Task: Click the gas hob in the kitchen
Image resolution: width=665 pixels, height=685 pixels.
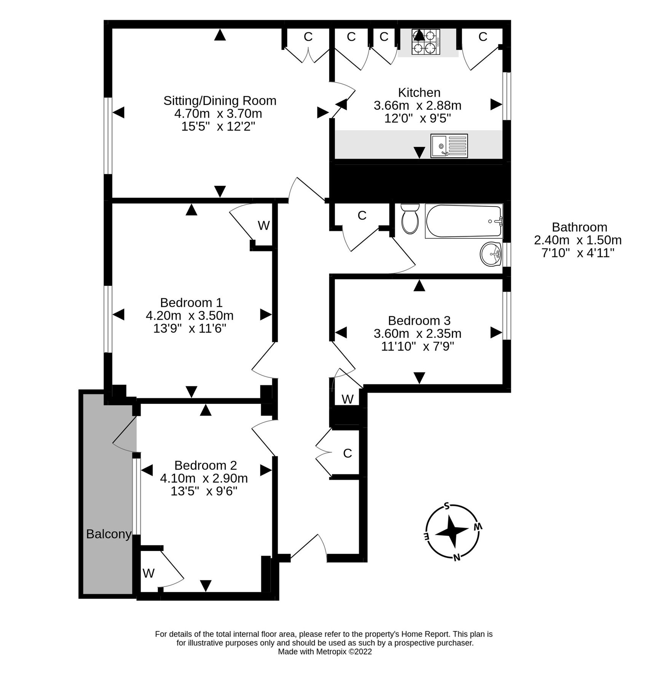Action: [x=426, y=42]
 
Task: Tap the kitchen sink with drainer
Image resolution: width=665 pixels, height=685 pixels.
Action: [x=449, y=146]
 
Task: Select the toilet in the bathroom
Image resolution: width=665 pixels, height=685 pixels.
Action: [x=410, y=219]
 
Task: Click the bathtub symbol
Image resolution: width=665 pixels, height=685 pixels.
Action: [x=464, y=221]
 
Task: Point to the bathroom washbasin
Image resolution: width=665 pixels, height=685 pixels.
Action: [x=491, y=254]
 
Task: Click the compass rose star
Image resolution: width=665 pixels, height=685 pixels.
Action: [x=451, y=531]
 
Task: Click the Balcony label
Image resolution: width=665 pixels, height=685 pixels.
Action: [x=108, y=534]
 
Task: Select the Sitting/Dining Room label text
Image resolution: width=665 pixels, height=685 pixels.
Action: [x=220, y=101]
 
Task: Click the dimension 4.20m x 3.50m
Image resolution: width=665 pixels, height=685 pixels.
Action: [x=190, y=315]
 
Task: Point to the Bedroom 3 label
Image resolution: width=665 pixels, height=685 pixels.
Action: [x=419, y=320]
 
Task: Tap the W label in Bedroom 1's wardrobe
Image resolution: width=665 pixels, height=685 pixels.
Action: [x=263, y=226]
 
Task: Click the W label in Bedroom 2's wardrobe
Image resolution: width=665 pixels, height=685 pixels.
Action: [x=148, y=573]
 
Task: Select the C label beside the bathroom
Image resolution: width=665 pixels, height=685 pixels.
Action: [x=362, y=216]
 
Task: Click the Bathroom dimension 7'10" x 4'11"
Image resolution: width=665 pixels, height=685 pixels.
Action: [x=578, y=253]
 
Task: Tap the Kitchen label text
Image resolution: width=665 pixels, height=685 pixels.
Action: [x=419, y=92]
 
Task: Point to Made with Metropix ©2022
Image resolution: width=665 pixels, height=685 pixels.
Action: [x=325, y=652]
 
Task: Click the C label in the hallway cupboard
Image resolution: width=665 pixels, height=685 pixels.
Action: [x=347, y=453]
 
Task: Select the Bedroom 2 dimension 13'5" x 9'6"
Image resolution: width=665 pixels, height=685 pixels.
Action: [x=204, y=491]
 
